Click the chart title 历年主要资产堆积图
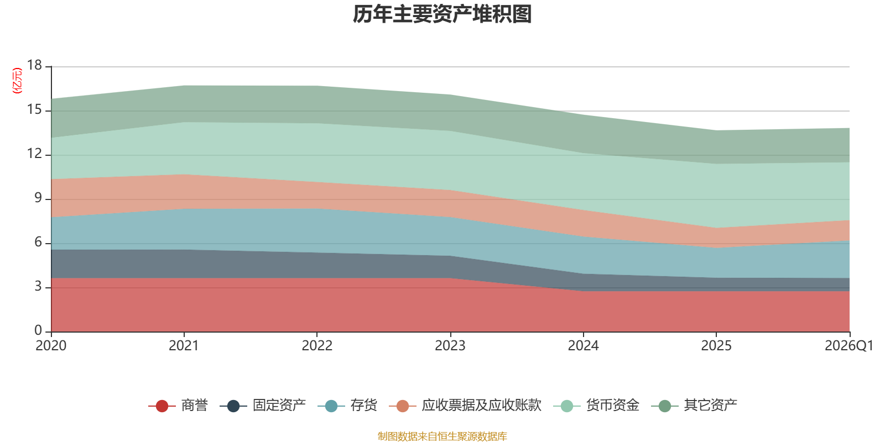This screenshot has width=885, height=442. click(x=442, y=14)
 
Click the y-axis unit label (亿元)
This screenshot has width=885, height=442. click(x=17, y=81)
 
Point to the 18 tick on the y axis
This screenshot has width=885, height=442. click(x=34, y=65)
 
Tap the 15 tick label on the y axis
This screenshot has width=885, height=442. click(x=34, y=109)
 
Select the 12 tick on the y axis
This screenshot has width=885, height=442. click(x=34, y=154)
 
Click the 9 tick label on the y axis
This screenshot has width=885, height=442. click(x=38, y=198)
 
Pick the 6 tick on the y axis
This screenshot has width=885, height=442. click(x=38, y=242)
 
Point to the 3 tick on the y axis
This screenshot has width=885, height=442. click(x=38, y=286)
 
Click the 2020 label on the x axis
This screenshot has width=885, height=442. click(x=51, y=346)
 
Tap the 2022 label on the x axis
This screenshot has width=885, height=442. click(x=317, y=346)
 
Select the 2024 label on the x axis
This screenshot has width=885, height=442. click(x=583, y=346)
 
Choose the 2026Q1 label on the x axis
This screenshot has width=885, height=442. click(x=848, y=346)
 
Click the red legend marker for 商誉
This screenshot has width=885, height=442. click(x=162, y=406)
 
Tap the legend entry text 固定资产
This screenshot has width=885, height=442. click(x=279, y=406)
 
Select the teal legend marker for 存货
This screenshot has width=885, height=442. click(x=331, y=406)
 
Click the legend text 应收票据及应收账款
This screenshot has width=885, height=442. click(x=481, y=406)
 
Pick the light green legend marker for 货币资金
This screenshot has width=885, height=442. click(x=567, y=406)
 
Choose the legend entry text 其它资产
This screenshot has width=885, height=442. click(x=710, y=406)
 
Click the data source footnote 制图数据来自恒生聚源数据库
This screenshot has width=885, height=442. click(x=442, y=436)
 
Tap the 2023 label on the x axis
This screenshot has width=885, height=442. click(x=450, y=346)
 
